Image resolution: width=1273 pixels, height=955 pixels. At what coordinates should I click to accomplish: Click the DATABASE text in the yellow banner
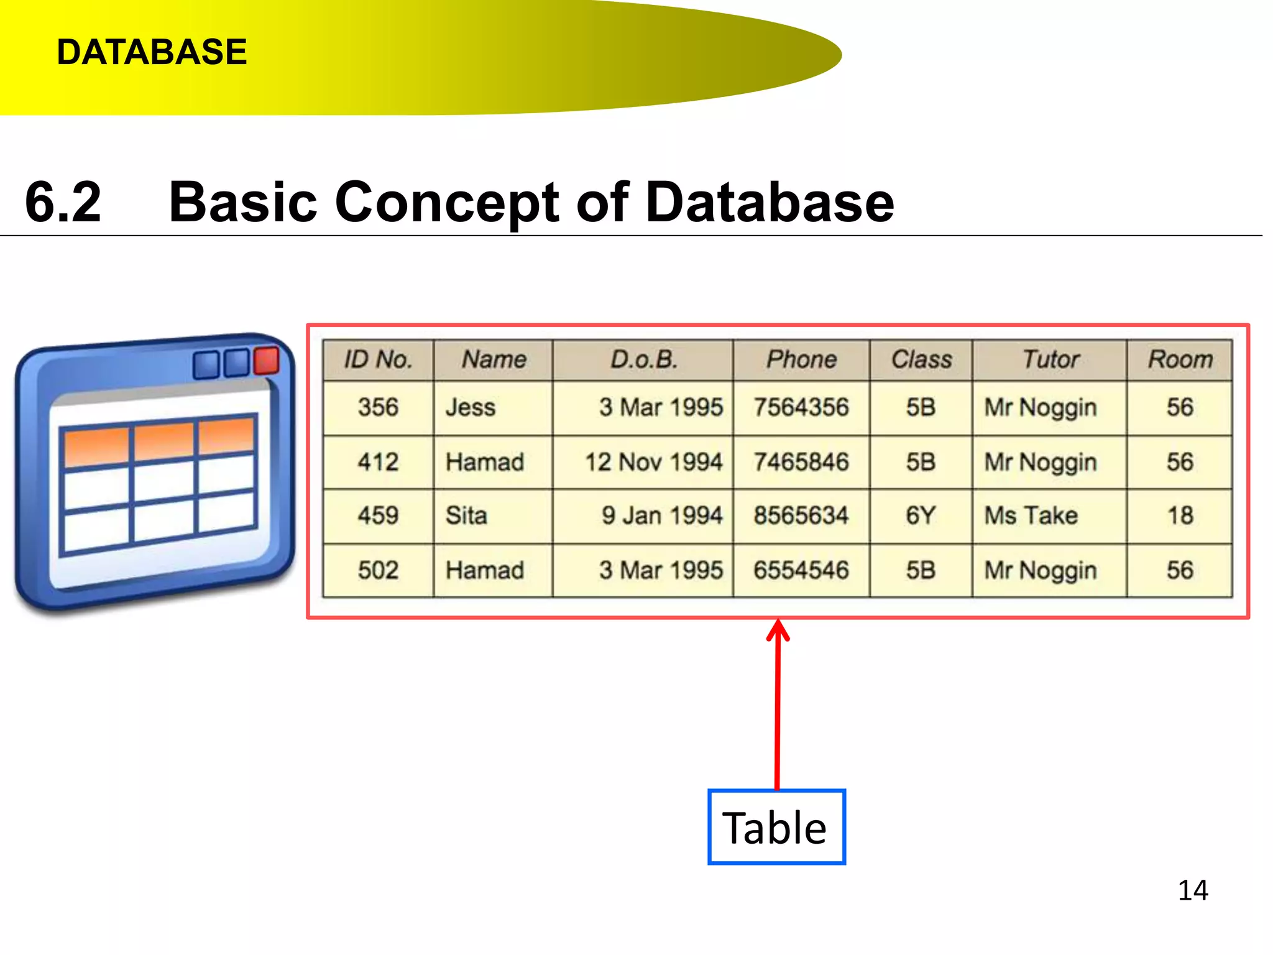[x=152, y=52]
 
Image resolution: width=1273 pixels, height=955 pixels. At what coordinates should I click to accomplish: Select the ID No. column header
[x=378, y=359]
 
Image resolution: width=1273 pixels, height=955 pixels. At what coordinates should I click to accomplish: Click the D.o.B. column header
[x=643, y=359]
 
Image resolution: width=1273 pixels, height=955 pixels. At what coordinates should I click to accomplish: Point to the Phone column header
[x=801, y=359]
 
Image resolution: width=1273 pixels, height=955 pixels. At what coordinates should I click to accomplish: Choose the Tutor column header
[x=1050, y=359]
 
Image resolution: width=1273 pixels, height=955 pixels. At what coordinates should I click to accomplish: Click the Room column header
[x=1180, y=359]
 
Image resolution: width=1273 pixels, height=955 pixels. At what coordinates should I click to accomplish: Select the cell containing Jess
[x=471, y=408]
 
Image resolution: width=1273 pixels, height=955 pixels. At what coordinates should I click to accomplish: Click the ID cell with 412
[x=378, y=462]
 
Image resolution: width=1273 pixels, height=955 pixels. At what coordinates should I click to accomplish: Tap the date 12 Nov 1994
[x=653, y=462]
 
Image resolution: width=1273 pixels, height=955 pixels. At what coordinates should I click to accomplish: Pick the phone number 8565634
[x=801, y=515]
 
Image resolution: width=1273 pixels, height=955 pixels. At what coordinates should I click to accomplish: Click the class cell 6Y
[x=921, y=515]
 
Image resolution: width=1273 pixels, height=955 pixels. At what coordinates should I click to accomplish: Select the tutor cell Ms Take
[x=1031, y=515]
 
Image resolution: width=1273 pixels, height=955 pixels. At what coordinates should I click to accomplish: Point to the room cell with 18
[x=1180, y=515]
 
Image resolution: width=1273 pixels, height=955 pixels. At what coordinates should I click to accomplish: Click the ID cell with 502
[x=378, y=570]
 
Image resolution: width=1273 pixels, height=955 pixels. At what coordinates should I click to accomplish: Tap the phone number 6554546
[x=801, y=570]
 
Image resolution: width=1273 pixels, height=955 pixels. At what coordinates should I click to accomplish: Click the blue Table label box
[x=776, y=828]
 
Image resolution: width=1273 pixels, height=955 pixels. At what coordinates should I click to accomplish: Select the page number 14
[x=1193, y=890]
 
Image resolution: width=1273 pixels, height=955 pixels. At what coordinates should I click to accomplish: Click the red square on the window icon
[x=267, y=361]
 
